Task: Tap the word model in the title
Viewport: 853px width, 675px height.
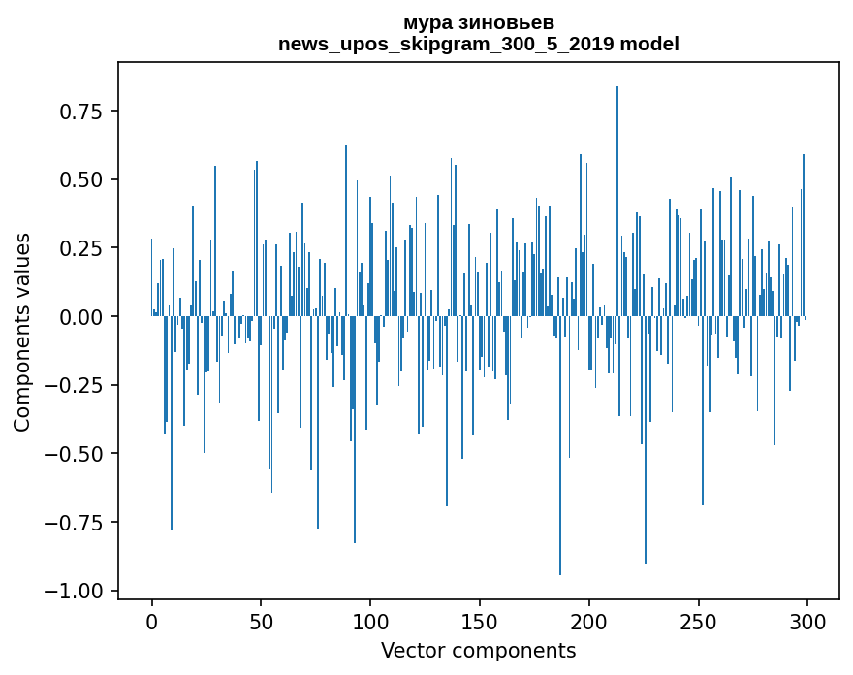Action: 649,45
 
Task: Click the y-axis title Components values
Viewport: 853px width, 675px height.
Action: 22,332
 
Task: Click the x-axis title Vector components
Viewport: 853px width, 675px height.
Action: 479,651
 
